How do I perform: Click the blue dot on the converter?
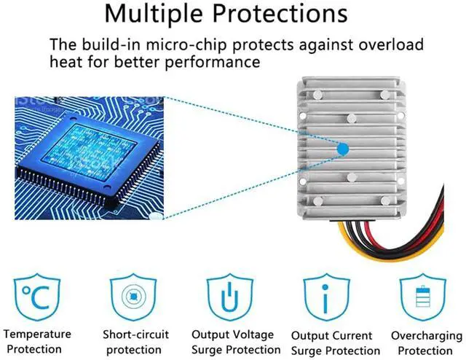[x=343, y=149]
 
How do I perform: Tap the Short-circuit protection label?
[x=135, y=342]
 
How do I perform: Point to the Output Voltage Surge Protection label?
[x=232, y=342]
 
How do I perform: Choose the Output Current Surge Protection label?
[x=331, y=343]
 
